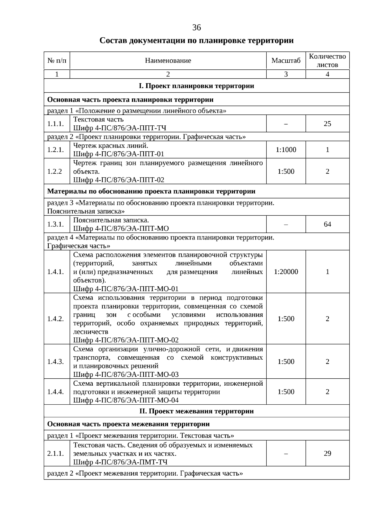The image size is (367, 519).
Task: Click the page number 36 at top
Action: pos(196,28)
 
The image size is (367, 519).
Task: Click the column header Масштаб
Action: pos(286,61)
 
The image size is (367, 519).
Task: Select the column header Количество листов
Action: pos(327,61)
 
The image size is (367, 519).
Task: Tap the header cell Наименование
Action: pos(168,61)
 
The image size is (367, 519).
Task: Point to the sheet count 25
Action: pos(327,124)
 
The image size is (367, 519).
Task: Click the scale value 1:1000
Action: pos(286,150)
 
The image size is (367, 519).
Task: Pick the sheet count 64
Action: pos(327,224)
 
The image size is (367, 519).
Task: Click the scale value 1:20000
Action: pos(286,272)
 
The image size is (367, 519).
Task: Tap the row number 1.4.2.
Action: pos(55,319)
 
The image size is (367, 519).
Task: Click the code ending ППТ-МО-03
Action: pos(126,374)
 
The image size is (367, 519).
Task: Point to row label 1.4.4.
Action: pos(55,392)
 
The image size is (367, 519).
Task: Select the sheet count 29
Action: pos(327,453)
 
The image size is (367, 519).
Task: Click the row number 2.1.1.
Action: pos(55,453)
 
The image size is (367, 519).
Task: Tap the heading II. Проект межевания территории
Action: pos(196,411)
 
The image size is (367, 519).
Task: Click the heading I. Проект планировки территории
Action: pos(196,86)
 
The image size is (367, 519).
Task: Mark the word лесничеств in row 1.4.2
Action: pos(91,332)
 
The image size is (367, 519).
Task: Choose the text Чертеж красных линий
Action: pos(111,146)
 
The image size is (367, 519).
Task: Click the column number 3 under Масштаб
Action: pos(286,74)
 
